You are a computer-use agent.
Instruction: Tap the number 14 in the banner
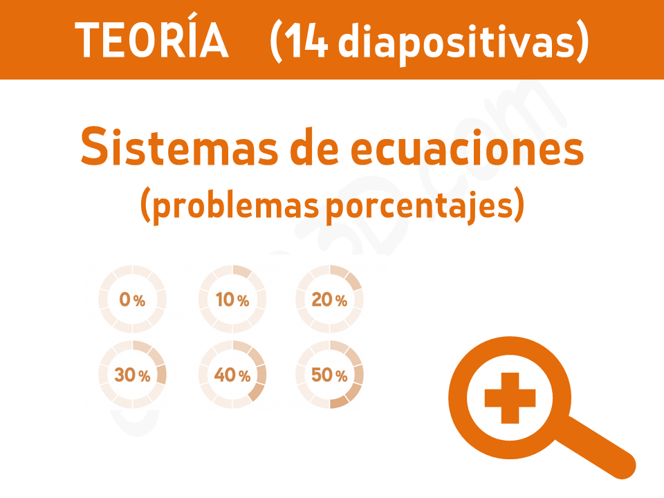point(306,39)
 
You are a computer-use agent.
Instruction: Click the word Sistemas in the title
point(179,147)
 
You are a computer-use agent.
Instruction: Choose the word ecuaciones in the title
point(467,147)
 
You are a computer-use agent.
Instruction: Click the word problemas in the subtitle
point(235,206)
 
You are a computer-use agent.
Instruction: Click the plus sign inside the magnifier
point(510,398)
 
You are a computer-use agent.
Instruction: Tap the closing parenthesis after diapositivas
point(582,41)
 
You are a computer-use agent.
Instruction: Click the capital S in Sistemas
point(93,147)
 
